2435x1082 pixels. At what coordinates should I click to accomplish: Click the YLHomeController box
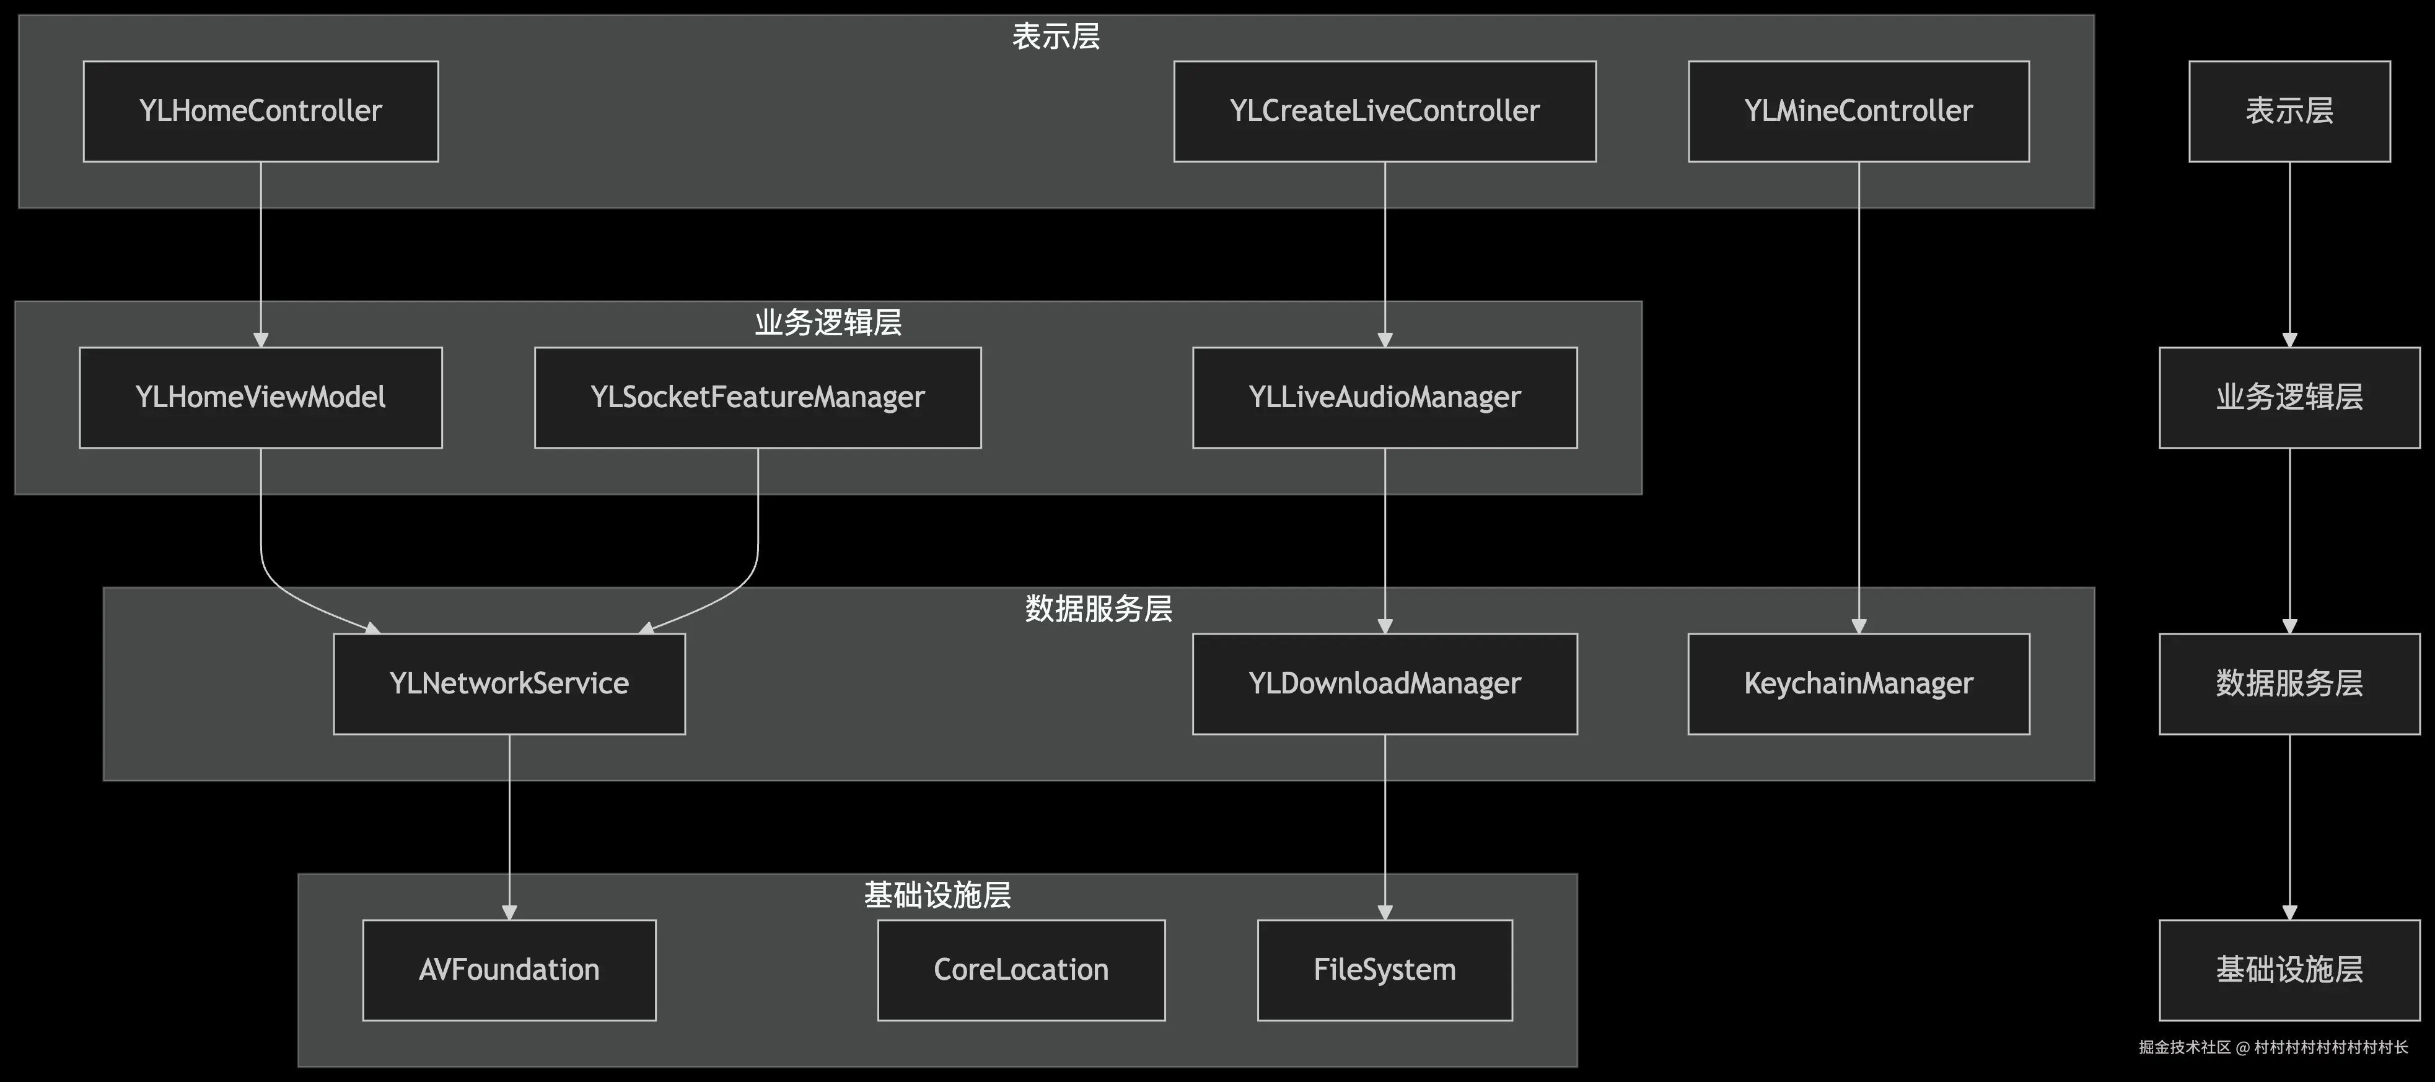click(260, 112)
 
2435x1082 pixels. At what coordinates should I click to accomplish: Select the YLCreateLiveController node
click(1384, 112)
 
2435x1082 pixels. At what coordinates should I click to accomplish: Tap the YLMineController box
click(1858, 112)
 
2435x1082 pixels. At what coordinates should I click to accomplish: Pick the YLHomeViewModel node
click(260, 397)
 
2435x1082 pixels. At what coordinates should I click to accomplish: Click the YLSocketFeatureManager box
click(757, 397)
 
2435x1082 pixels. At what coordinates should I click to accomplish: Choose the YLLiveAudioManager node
click(1384, 397)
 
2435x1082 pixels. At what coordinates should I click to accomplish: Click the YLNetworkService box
click(509, 684)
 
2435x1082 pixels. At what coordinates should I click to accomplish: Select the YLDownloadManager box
click(1384, 684)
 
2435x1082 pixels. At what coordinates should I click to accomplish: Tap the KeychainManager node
click(1858, 684)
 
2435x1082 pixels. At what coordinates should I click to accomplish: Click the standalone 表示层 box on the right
click(2289, 112)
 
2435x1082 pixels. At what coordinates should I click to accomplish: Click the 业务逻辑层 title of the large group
click(827, 322)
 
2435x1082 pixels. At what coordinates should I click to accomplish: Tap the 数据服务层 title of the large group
click(1099, 608)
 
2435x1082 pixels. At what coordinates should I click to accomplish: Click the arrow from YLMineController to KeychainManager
click(1858, 397)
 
